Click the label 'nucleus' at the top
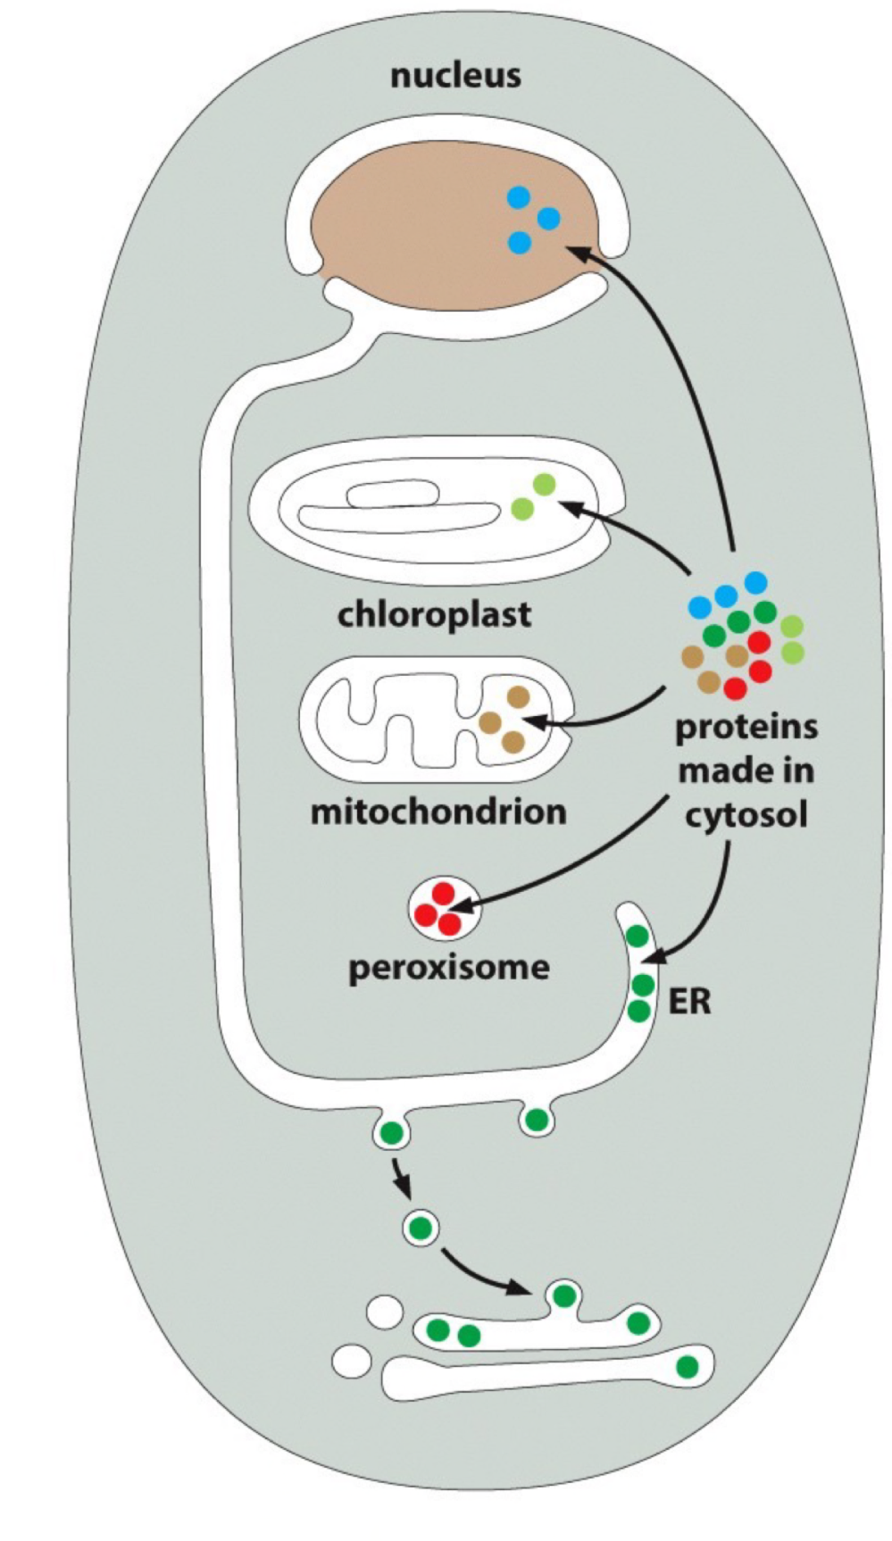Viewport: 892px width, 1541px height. pos(455,76)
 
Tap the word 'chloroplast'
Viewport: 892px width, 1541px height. pos(434,615)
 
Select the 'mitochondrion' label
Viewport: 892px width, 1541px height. pos(438,812)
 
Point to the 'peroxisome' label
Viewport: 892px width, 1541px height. pos(449,967)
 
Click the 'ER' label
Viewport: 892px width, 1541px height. pos(690,1002)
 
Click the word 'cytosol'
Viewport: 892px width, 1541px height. pos(746,815)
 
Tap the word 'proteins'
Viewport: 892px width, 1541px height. pos(746,727)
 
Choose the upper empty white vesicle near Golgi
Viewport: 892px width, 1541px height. pos(385,1312)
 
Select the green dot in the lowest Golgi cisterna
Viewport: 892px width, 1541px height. pos(687,1366)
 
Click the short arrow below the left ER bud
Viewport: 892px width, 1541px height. pos(401,1180)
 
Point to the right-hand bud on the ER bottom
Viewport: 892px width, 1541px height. pos(536,1119)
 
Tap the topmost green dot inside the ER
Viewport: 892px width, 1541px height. pos(638,937)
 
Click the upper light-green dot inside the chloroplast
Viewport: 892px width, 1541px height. pos(544,485)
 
